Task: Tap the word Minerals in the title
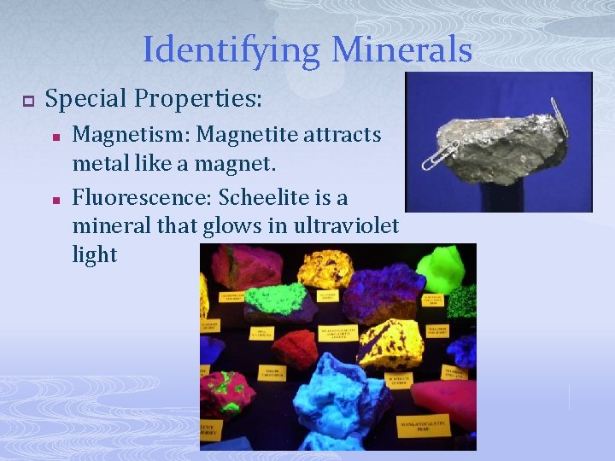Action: [x=401, y=50]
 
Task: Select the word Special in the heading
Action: [x=88, y=99]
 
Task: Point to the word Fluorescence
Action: [x=142, y=198]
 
